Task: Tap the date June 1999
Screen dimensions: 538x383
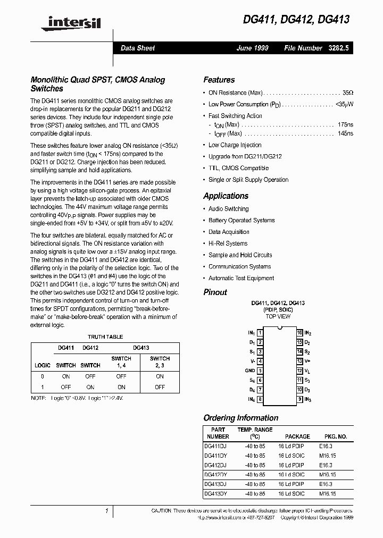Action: pos(253,48)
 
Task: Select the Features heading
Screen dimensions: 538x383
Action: pos(219,80)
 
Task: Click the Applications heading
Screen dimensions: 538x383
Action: pos(226,196)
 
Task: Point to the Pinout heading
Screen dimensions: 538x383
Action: pos(215,292)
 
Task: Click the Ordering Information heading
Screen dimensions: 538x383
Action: pos(240,418)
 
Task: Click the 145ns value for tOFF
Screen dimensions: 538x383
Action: pos(345,133)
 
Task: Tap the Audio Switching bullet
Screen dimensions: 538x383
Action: pos(228,209)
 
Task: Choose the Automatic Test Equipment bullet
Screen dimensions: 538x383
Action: pos(241,278)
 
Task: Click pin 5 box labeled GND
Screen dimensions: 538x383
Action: pos(260,371)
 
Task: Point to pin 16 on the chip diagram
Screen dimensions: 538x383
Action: pos(299,332)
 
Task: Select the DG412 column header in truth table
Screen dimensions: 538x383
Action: pos(90,348)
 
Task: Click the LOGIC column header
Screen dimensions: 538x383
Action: pos(43,365)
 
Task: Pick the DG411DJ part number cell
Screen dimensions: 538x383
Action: pos(215,445)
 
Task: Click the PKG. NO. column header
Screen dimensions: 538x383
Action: pos(335,436)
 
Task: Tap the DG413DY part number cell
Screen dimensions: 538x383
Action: pos(215,493)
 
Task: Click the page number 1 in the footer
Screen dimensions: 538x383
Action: pos(107,511)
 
